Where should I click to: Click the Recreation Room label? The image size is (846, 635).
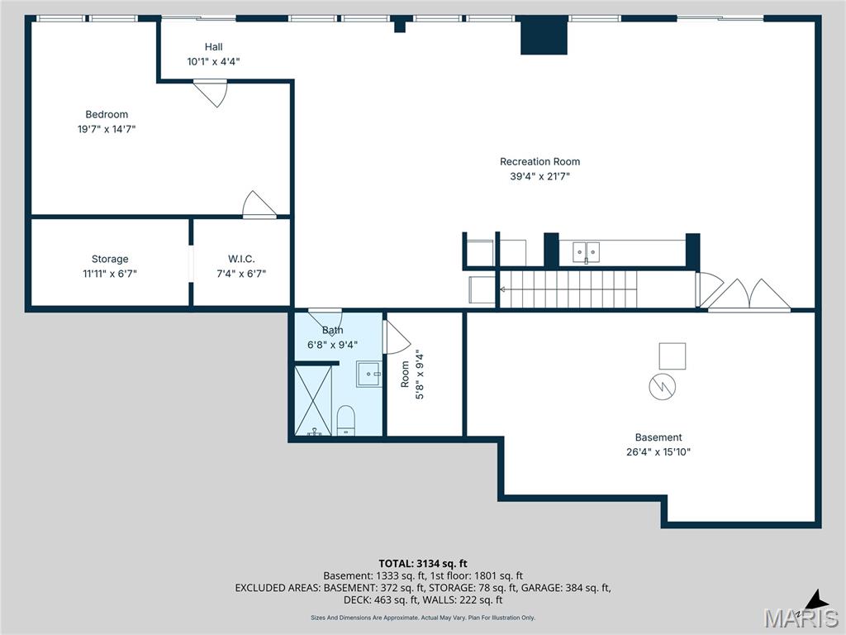539,162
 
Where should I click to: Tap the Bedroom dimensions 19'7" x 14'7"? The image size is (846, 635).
107,129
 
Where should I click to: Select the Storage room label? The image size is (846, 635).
110,259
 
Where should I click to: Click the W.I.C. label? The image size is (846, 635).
241,259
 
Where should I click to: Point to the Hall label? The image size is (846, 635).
213,47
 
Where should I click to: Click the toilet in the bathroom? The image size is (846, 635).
345,419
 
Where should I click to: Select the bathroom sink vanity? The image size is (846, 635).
369,374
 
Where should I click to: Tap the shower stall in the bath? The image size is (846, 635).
313,400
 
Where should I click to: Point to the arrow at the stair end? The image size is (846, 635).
502,289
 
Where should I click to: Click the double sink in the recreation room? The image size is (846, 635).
587,251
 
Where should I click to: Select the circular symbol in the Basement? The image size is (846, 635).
663,387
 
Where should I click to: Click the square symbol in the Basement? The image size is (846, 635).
672,356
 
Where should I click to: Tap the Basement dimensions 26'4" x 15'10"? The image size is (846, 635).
658,452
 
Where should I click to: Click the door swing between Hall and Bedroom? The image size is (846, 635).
211,92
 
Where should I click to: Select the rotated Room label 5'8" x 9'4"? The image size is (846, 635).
412,375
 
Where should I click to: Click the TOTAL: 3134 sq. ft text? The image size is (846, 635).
422,564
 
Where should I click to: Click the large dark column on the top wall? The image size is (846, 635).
544,36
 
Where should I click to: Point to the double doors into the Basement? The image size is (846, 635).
749,295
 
